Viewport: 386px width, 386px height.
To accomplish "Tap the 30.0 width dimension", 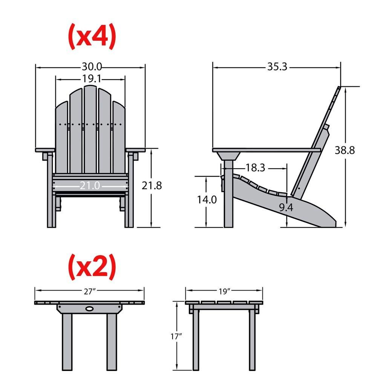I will pyautogui.click(x=92, y=67).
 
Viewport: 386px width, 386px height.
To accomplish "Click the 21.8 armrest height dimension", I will pyautogui.click(x=152, y=185).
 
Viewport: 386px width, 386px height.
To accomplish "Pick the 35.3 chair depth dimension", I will pyautogui.click(x=277, y=67).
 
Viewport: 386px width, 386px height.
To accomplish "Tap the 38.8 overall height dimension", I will pyautogui.click(x=345, y=150).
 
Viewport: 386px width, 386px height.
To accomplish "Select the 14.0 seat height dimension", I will pyautogui.click(x=207, y=199).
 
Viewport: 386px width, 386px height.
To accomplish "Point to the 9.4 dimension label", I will pyautogui.click(x=286, y=207).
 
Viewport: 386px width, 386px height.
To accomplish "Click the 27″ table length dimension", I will pyautogui.click(x=89, y=291).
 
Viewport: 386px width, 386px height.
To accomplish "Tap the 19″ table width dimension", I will pyautogui.click(x=224, y=291).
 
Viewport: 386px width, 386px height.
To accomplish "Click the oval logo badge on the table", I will pyautogui.click(x=90, y=308).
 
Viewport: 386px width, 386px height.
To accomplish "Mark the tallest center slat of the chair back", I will pyautogui.click(x=90, y=128).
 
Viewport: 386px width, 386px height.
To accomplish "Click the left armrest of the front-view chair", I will pyautogui.click(x=45, y=150).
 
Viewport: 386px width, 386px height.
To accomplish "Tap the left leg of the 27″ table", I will pyautogui.click(x=67, y=341).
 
